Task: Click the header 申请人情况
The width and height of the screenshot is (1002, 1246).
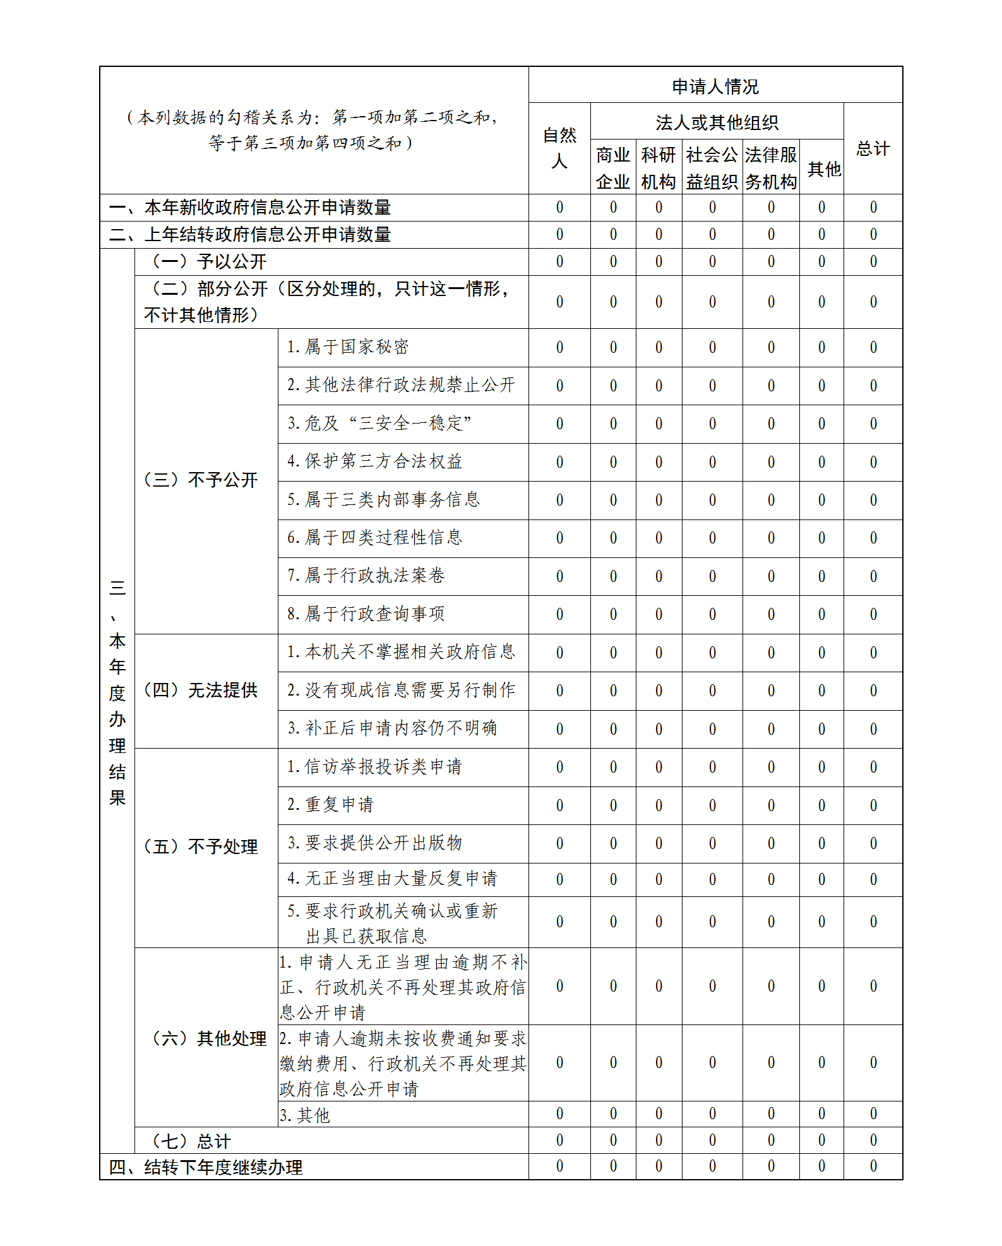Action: click(x=715, y=86)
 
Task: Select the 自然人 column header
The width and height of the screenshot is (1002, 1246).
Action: click(x=559, y=148)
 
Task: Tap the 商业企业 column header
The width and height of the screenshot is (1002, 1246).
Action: click(x=613, y=168)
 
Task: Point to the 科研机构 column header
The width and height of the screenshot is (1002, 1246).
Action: click(x=659, y=168)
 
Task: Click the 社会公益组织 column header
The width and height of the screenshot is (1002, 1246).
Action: click(x=712, y=168)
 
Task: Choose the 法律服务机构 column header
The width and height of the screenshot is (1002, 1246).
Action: click(x=771, y=168)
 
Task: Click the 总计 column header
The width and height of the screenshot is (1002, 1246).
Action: click(x=873, y=149)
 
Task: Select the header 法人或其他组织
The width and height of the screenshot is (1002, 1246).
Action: click(x=717, y=122)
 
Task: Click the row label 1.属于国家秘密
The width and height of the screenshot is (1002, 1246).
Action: click(x=348, y=347)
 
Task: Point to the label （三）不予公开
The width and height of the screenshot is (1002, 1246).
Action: click(x=201, y=480)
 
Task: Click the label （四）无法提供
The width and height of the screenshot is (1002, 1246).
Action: click(x=201, y=691)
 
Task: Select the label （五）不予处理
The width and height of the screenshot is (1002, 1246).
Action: click(x=201, y=847)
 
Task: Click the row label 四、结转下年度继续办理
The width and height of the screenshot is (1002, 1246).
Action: click(x=206, y=1168)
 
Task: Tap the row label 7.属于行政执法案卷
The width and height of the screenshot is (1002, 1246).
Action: click(x=366, y=576)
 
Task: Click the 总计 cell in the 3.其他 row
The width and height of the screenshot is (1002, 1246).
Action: click(x=873, y=1114)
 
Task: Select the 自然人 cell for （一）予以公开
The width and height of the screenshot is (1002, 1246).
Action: click(x=559, y=262)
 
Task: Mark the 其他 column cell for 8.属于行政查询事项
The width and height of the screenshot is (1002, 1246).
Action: click(x=821, y=614)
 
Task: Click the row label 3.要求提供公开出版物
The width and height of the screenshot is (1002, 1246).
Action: click(x=375, y=843)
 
